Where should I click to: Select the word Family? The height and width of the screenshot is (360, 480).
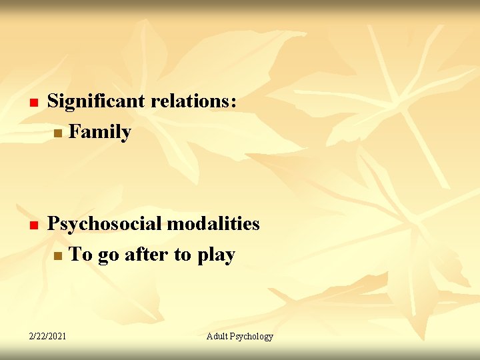(x=100, y=132)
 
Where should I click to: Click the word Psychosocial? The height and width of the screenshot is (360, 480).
(x=104, y=224)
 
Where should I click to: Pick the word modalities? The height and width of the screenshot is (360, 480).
(x=213, y=224)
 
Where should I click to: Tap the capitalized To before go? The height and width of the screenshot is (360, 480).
(x=80, y=255)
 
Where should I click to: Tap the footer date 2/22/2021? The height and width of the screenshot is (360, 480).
(x=47, y=337)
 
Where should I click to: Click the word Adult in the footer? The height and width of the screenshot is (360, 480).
(x=218, y=337)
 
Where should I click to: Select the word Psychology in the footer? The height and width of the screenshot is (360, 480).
(x=252, y=337)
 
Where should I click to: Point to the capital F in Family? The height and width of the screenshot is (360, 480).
(x=74, y=132)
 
